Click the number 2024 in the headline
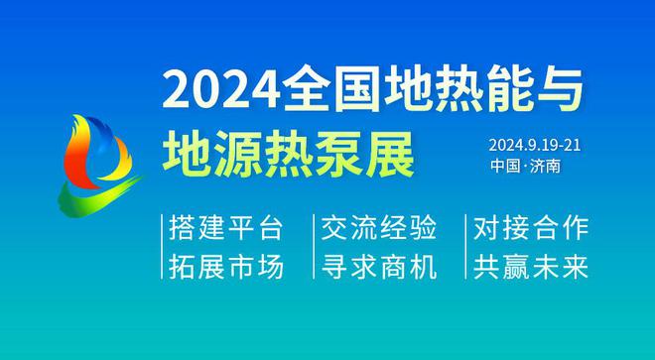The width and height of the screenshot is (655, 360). (215, 91)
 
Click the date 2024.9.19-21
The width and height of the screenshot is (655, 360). (533, 144)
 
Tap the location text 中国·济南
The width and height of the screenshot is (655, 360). (525, 166)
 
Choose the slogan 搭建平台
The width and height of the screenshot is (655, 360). (227, 229)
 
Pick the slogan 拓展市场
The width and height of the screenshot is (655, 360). (227, 267)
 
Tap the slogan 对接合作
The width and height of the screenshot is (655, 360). (532, 229)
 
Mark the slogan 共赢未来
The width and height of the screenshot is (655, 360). (532, 267)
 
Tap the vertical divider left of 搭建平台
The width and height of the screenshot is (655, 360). (162, 248)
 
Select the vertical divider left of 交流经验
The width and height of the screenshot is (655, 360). (314, 248)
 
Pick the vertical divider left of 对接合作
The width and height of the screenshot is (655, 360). (466, 248)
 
